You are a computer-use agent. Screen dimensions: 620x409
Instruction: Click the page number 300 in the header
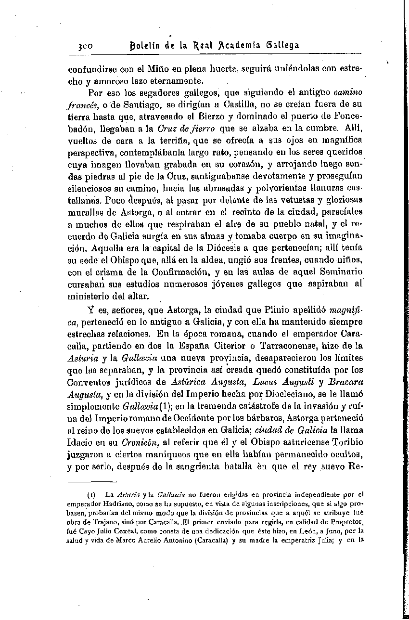coord(85,46)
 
